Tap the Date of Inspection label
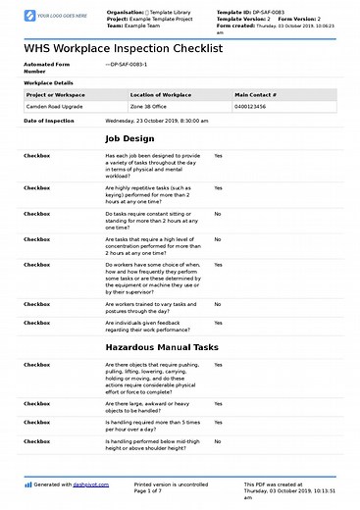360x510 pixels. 48,121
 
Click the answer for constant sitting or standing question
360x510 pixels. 218,213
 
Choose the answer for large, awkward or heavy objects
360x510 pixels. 218,403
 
